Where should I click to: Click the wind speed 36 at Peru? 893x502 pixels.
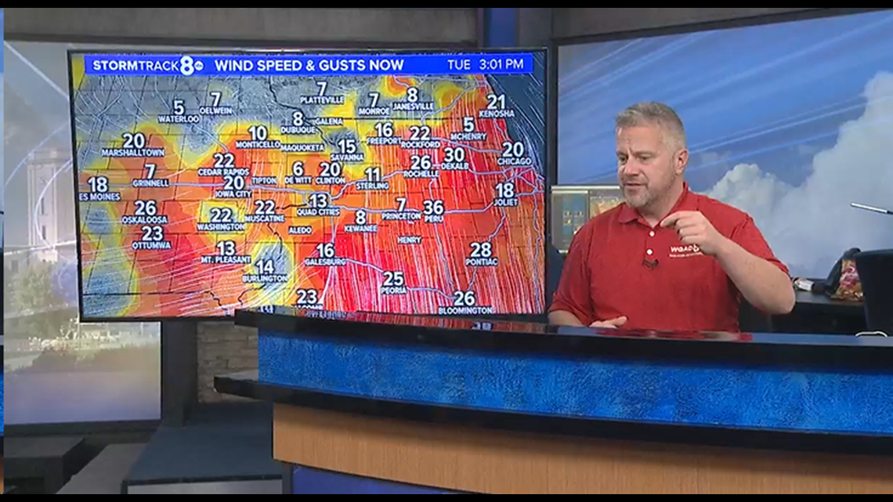(433, 207)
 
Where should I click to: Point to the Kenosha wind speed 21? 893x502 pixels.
(496, 102)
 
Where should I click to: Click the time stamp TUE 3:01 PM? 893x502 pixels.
(485, 64)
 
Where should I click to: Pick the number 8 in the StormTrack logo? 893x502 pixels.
(188, 66)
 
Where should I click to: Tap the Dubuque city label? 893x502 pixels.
(298, 130)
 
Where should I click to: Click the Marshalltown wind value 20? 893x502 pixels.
(133, 140)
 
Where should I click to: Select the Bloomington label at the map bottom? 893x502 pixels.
(465, 310)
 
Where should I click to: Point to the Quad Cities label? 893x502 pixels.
(318, 212)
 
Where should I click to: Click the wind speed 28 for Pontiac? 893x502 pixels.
(480, 250)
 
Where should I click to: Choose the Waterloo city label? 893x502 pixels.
(179, 119)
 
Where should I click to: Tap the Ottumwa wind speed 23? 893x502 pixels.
(152, 233)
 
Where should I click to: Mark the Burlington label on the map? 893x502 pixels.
(265, 279)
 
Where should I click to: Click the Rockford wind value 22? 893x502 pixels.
(420, 133)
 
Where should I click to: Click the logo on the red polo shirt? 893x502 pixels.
(684, 250)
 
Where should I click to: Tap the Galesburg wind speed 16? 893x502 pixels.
(325, 250)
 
